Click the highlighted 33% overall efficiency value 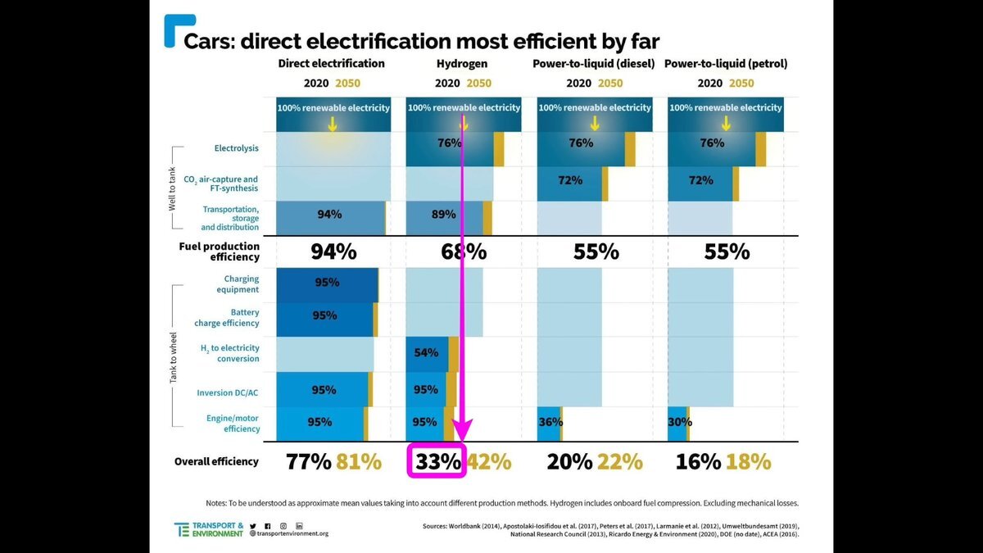(437, 461)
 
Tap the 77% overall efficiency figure (308, 461)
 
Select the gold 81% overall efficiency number (358, 461)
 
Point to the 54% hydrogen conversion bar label (426, 353)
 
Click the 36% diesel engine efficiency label (549, 422)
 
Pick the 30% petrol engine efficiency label (680, 422)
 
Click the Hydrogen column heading (463, 63)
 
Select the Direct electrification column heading (331, 63)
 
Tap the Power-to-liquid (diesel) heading (594, 63)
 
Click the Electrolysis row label (236, 148)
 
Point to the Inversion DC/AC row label (228, 392)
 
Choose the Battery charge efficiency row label (227, 317)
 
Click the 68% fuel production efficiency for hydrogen (464, 252)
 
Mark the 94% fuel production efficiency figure (333, 252)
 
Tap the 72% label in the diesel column (570, 180)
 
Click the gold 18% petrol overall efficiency (748, 461)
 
